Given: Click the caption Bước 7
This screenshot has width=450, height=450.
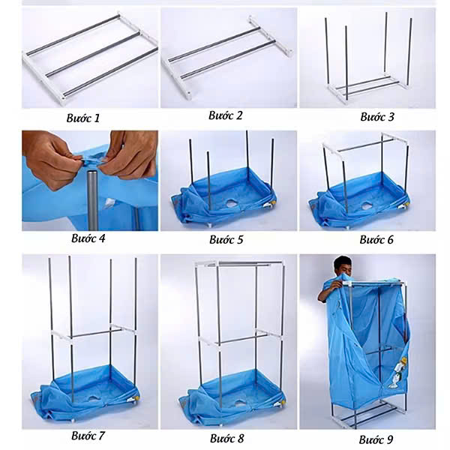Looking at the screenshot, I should point(88,434).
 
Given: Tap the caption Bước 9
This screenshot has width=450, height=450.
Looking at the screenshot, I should point(374,439).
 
